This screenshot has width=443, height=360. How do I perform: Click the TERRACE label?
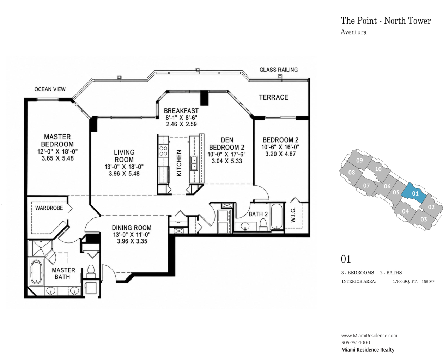(273, 97)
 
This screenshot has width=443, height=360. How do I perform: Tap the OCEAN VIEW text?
(50, 89)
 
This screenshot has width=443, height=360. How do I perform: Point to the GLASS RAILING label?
(279, 70)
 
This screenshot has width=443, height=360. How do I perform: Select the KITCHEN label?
(179, 163)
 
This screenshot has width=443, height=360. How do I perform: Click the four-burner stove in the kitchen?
(163, 151)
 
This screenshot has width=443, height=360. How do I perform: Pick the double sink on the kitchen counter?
(194, 163)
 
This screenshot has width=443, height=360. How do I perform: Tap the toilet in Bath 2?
(263, 224)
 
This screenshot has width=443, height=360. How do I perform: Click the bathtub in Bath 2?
(277, 216)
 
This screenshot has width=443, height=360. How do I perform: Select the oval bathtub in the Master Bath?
(36, 272)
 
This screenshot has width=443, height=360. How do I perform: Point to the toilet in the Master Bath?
(91, 271)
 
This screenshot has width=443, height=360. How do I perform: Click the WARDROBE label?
(49, 208)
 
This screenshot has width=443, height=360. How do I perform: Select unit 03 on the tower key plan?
(424, 219)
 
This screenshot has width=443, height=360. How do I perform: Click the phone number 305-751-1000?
(356, 342)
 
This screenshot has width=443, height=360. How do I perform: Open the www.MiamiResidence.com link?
(369, 335)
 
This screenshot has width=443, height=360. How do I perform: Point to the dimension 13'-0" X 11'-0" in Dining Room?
(132, 235)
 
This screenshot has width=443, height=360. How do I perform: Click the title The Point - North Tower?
(386, 21)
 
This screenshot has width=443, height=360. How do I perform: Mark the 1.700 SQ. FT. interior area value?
(405, 282)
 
